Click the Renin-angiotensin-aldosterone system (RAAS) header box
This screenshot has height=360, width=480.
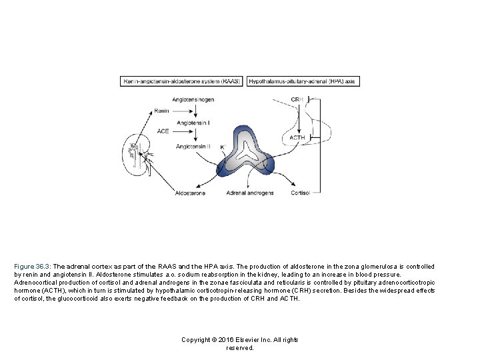(x=181, y=81)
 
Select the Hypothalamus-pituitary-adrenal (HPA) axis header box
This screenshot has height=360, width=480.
(x=304, y=81)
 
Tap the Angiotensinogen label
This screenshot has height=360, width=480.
(x=193, y=99)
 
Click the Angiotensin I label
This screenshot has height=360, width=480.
(x=194, y=123)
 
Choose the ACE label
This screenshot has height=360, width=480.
(x=163, y=131)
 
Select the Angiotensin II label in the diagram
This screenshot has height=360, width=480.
(x=194, y=146)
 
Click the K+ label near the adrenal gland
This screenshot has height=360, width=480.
(x=223, y=147)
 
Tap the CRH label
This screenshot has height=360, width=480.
(x=297, y=99)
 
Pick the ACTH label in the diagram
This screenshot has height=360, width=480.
(x=297, y=137)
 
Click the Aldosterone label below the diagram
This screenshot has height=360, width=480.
(x=189, y=193)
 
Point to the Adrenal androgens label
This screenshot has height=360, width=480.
(x=250, y=193)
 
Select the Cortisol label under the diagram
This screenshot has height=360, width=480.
(x=301, y=193)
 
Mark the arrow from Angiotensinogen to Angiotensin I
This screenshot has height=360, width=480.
(x=193, y=111)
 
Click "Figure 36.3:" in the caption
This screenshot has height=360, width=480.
(x=34, y=266)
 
